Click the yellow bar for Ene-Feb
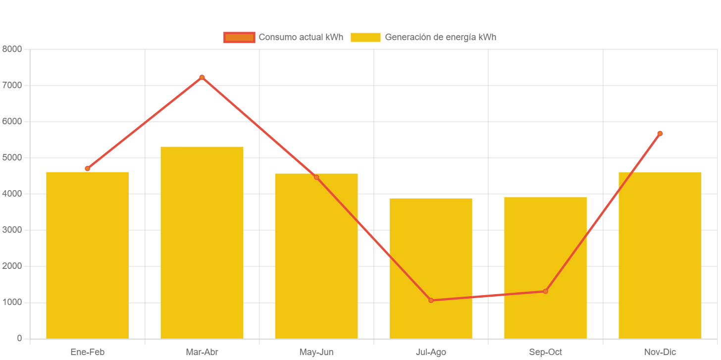tap(87, 255)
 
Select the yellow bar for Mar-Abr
tap(202, 243)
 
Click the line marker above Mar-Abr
tap(202, 77)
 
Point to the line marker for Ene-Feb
tap(87, 168)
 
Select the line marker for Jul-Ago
tap(431, 300)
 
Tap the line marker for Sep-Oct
tap(545, 291)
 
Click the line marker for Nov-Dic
tap(660, 133)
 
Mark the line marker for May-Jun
tap(316, 177)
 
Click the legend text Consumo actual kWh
tap(301, 37)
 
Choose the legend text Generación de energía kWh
tap(440, 37)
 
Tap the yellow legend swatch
tap(365, 37)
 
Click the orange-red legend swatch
tap(239, 37)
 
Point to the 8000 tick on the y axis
tap(12, 49)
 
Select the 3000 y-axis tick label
tap(12, 230)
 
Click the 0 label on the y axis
tap(19, 338)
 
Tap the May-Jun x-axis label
tap(316, 352)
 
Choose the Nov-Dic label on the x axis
tap(660, 352)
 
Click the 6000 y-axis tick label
tap(12, 121)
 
